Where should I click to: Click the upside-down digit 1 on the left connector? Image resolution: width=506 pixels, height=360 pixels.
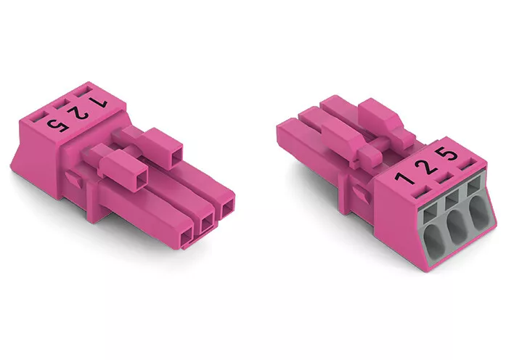coord(97,102)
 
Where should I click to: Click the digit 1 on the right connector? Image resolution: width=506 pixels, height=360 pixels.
coord(404,177)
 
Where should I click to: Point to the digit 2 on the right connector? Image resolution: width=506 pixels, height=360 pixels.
coord(427,166)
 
